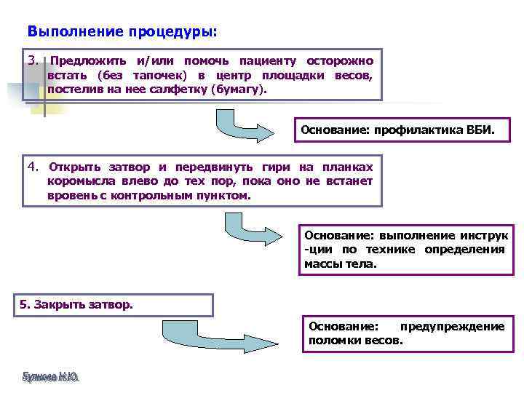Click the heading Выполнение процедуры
tap(122, 33)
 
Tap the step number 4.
tap(33, 166)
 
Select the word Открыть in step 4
tap(74, 166)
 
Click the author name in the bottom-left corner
tap(50, 377)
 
